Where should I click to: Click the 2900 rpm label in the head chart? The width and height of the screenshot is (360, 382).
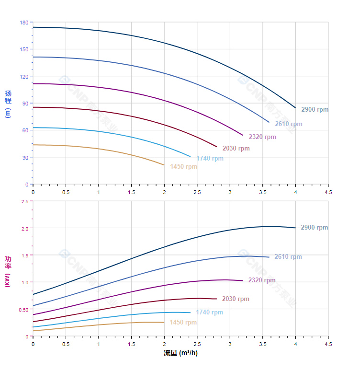click(315, 110)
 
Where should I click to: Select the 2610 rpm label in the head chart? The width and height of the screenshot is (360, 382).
click(288, 124)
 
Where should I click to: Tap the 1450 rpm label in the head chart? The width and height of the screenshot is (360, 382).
click(183, 167)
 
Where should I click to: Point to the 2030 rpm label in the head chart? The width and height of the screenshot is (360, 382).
click(236, 149)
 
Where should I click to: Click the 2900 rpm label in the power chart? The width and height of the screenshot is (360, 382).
click(314, 228)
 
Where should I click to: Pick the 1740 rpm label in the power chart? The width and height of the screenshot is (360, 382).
click(209, 313)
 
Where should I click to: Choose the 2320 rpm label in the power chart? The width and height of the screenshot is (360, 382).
click(262, 280)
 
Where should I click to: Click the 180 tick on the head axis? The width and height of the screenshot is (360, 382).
click(24, 23)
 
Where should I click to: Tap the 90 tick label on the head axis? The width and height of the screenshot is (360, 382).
click(25, 104)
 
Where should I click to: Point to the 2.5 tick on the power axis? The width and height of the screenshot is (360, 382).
click(24, 201)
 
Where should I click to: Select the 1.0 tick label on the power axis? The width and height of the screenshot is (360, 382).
click(24, 282)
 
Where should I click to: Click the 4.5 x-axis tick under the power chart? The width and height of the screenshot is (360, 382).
click(328, 344)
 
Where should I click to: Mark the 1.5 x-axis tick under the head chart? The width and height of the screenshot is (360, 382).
click(131, 192)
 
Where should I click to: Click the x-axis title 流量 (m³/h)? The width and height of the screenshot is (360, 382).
click(180, 353)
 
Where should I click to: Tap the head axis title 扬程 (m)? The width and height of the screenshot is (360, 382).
click(8, 104)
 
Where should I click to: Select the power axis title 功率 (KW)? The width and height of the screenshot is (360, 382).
click(8, 272)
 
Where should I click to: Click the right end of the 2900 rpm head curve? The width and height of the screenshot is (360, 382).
click(295, 108)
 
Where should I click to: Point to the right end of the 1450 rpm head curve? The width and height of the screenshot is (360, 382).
click(164, 165)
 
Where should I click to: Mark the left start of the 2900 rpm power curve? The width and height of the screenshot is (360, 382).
click(33, 294)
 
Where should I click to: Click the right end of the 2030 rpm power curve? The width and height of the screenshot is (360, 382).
click(217, 299)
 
